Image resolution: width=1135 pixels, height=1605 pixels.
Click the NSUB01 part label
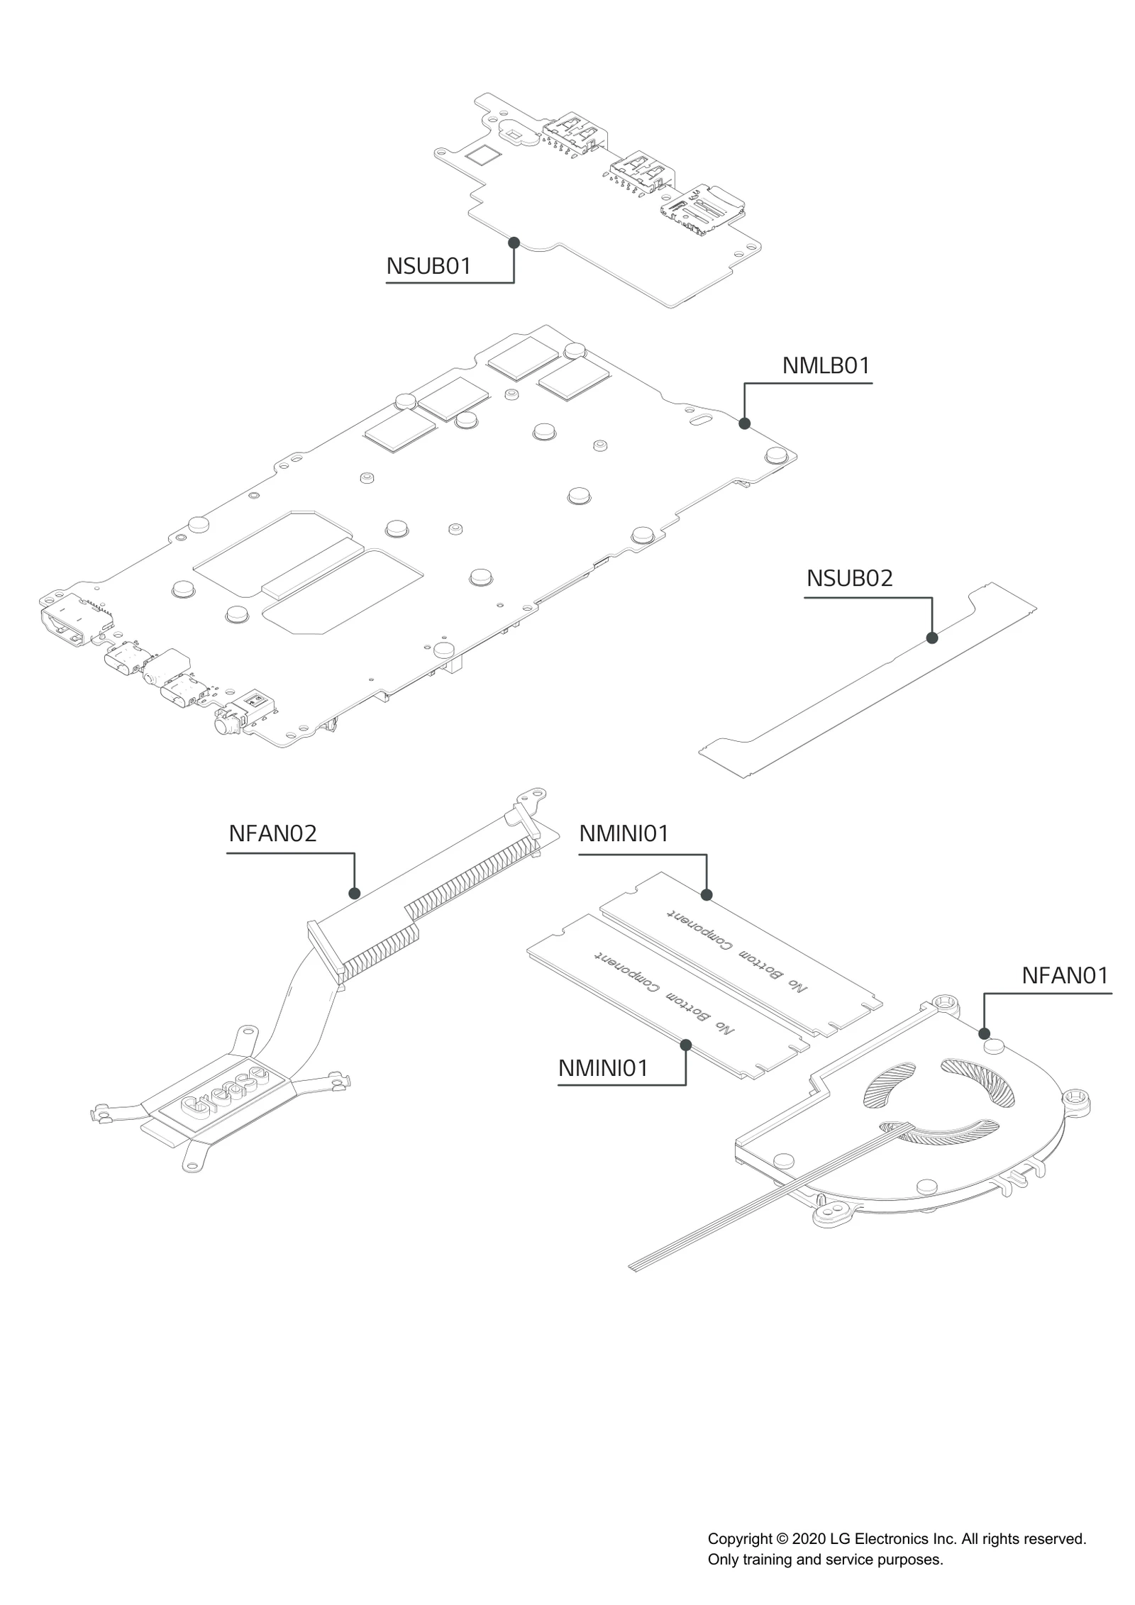point(428,267)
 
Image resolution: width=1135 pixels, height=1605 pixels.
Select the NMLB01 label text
point(826,366)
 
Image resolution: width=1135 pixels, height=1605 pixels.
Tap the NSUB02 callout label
point(849,578)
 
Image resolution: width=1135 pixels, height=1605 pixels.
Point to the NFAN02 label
point(272,833)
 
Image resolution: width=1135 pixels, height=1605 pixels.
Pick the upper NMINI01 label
point(624,833)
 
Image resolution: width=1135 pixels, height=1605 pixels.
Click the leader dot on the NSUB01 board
point(514,243)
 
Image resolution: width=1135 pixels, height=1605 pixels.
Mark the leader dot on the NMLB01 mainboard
point(744,423)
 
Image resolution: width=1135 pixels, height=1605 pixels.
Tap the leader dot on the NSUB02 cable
point(932,638)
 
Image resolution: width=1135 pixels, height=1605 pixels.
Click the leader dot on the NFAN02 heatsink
point(355,893)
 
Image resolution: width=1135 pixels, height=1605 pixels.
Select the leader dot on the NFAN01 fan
point(984,1033)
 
